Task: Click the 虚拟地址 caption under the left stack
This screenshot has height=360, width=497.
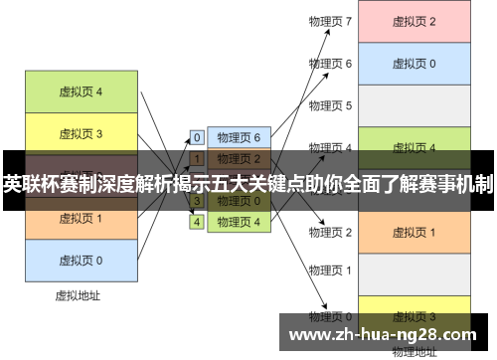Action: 78,295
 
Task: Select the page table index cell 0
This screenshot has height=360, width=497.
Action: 197,137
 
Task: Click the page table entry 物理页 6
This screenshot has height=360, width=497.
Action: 239,137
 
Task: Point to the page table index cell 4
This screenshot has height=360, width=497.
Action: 197,222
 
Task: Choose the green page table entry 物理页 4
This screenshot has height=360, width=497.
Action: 239,222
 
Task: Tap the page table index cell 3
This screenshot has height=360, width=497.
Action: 197,201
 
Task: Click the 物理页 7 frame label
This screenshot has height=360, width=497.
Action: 330,21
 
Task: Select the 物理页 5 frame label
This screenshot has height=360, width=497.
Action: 330,104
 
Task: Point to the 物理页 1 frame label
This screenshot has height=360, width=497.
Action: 330,270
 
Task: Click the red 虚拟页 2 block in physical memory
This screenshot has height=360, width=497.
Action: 414,21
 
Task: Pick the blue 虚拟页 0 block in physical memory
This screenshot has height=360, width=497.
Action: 414,63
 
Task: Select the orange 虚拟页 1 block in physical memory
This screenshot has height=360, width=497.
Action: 414,232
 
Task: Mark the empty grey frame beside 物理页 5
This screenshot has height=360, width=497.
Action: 414,104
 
